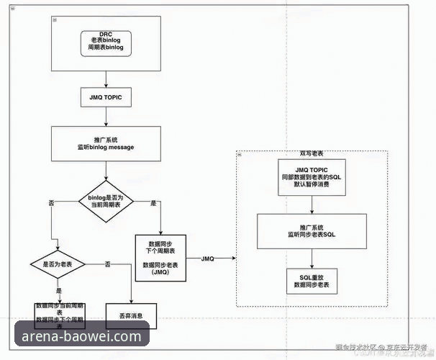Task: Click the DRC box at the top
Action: coord(106,42)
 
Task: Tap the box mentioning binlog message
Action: coord(106,143)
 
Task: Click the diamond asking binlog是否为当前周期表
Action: coord(106,200)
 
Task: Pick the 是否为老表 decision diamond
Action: coord(59,264)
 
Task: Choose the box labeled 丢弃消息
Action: coord(131,315)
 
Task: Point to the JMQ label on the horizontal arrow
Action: coord(208,258)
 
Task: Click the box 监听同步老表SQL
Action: coord(312,230)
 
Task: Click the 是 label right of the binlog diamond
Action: coord(153,204)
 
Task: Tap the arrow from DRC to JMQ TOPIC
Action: coord(106,76)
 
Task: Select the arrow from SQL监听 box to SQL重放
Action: coord(312,257)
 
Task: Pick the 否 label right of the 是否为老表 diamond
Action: coord(107,265)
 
